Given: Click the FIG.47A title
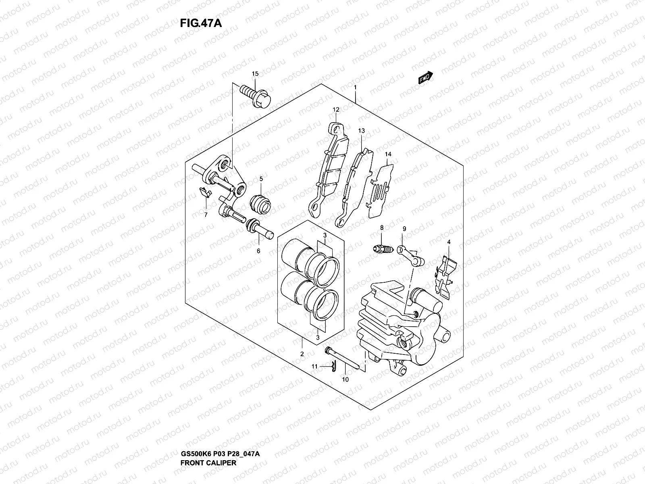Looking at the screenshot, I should (201, 23).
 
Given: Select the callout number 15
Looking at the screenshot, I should (255, 74).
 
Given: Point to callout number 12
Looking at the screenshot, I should (336, 110).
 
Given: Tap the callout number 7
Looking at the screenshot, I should (206, 215).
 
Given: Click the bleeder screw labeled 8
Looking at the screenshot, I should (382, 249).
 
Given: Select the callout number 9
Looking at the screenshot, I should (404, 229).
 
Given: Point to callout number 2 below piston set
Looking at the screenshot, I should (302, 354).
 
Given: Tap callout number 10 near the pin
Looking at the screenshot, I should (345, 379).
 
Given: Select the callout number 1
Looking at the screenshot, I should (355, 88).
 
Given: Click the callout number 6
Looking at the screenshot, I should (258, 251).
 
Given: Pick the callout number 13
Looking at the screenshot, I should (361, 131).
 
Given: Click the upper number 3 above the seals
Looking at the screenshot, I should (325, 236).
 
